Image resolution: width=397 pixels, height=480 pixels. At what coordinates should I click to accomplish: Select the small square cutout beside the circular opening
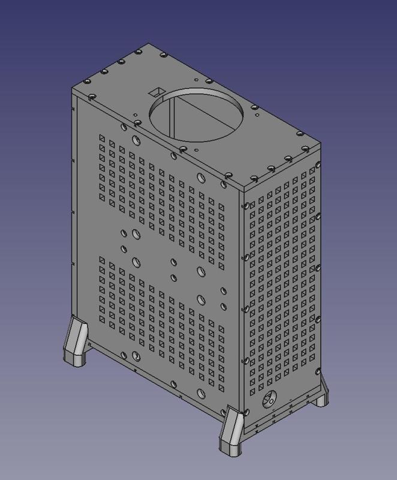[x=156, y=91]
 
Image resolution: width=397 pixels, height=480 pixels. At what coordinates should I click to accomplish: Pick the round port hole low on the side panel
[x=272, y=398]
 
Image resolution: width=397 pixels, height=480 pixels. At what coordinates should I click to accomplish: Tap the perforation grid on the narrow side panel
[x=282, y=282]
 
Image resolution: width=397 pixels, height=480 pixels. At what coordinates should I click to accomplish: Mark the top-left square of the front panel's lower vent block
[x=103, y=260]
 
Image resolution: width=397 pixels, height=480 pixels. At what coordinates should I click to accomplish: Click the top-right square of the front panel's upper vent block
[x=221, y=208]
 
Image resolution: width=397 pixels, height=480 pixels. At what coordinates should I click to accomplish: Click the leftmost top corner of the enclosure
[x=73, y=87]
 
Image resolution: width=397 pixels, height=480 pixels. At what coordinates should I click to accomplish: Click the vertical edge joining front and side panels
[x=243, y=300]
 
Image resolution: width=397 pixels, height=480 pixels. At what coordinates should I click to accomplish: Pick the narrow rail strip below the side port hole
[x=282, y=415]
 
